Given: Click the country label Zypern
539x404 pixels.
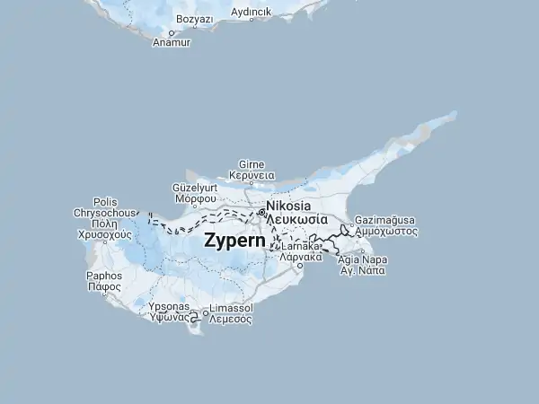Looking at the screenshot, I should (234, 241).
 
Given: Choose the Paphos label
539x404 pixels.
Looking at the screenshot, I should (103, 276).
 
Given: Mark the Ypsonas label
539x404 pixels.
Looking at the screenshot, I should (168, 307).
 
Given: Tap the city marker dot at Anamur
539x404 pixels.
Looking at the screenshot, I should (172, 33).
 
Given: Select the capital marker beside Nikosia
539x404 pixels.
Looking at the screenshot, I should (261, 212).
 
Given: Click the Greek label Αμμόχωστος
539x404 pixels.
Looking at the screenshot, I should (386, 231).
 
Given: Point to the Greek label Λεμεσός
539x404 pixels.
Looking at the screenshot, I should (230, 318).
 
